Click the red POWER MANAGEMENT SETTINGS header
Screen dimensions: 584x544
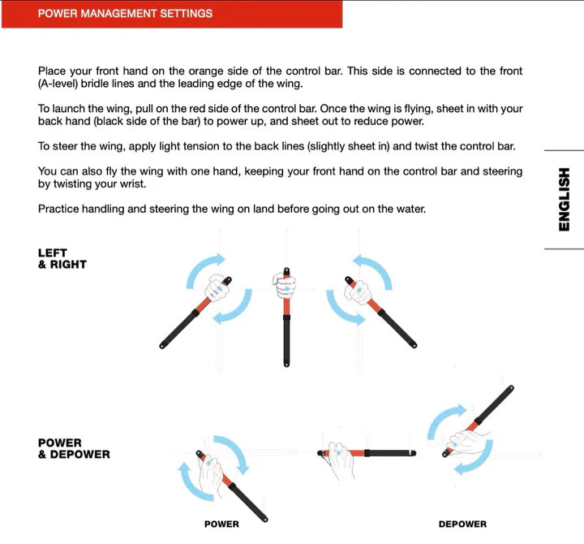point(172,14)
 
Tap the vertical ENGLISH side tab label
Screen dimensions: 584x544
point(565,200)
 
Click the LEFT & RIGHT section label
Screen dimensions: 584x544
point(62,258)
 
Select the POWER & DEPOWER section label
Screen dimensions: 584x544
point(74,448)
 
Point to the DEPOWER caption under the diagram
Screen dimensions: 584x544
point(462,524)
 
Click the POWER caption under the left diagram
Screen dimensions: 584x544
point(221,524)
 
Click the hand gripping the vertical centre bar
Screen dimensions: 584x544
point(284,285)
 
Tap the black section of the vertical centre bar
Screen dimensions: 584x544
point(286,341)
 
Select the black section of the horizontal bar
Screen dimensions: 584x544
point(390,453)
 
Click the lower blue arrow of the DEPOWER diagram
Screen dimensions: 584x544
point(474,458)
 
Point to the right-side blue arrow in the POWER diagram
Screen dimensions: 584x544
point(233,453)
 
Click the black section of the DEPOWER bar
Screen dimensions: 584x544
point(494,405)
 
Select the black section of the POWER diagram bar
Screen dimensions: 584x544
point(248,503)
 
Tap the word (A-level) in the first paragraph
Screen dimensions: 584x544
point(58,84)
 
